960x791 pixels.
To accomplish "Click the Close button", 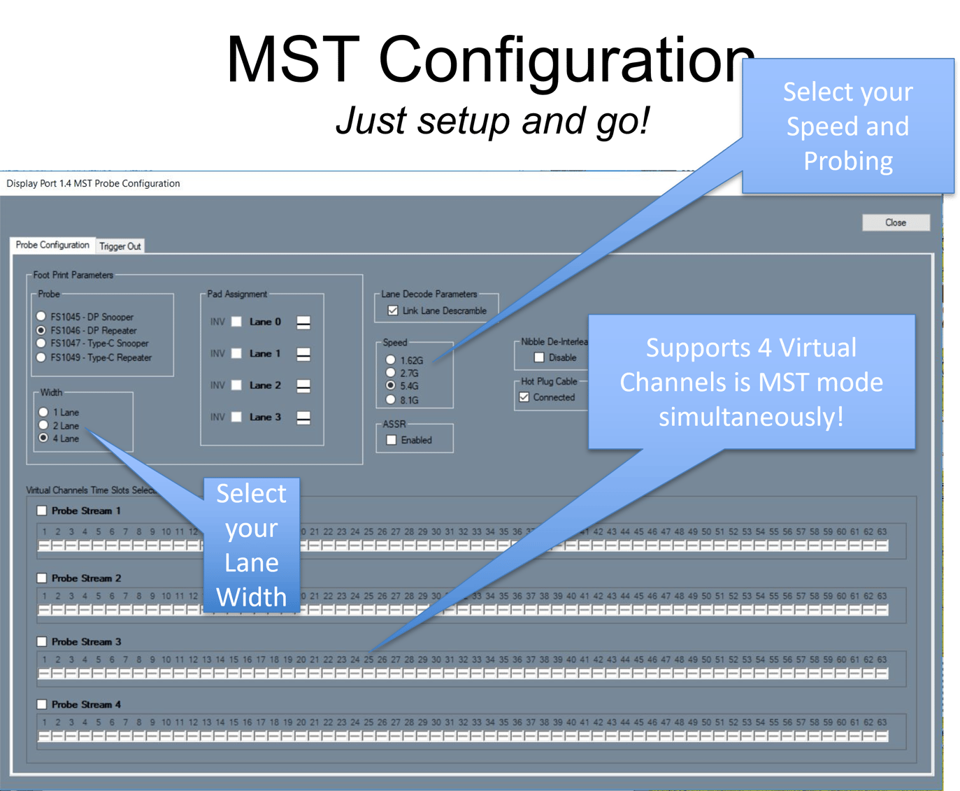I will pos(896,222).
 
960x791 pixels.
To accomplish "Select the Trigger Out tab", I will pos(120,246).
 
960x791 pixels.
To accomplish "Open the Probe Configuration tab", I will pos(52,245).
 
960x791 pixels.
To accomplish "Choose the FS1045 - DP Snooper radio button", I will pos(41,316).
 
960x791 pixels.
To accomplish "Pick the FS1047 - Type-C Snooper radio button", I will pos(41,343).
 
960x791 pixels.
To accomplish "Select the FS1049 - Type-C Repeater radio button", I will pos(41,357).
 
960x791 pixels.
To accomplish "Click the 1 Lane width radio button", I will pos(43,412).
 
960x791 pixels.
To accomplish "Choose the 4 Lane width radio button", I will pos(43,439).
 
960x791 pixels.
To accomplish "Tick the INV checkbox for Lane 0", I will pos(236,322).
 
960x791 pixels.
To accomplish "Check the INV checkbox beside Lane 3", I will pos(236,417).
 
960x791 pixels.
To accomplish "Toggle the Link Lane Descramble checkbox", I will pos(393,311).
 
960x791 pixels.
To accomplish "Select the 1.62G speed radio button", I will pos(391,360).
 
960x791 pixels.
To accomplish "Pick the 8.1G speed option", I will pos(391,400).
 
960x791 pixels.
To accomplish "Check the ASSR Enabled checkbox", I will pos(392,440).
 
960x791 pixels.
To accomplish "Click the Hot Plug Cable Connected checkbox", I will pos(524,397).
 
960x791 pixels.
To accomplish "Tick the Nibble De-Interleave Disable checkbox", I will pos(539,357).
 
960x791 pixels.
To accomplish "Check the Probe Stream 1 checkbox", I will pos(42,511).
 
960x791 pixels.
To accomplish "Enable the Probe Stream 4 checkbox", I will pos(42,704).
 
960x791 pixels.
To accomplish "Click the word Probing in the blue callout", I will pos(847,161).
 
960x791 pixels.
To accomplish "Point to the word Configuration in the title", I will pos(566,62).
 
